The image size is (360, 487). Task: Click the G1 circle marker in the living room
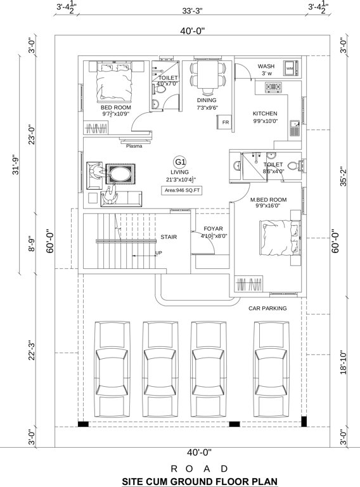click(x=180, y=162)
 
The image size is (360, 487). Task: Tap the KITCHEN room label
click(x=265, y=113)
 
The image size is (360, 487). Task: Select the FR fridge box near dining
click(x=225, y=122)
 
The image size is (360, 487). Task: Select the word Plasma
click(x=134, y=145)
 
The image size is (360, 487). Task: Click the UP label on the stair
click(x=158, y=253)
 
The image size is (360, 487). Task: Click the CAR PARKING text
click(x=267, y=308)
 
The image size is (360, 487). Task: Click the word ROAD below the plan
click(x=181, y=468)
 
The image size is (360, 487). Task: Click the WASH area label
click(x=266, y=67)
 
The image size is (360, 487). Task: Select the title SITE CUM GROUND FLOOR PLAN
click(x=181, y=481)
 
